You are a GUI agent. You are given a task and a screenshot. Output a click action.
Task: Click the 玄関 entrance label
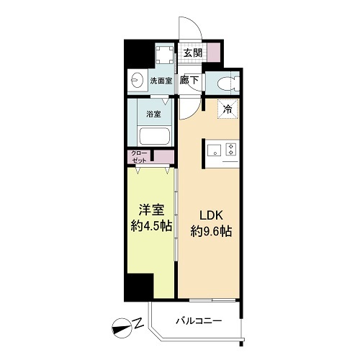191,53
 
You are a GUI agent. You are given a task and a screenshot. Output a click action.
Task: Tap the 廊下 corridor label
189,81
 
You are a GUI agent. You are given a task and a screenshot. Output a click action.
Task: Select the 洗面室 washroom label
161,81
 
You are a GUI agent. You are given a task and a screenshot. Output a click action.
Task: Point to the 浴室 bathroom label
153,114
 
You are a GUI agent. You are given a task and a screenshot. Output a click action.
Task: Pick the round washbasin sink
137,81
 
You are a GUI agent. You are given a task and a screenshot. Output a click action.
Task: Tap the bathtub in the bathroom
153,136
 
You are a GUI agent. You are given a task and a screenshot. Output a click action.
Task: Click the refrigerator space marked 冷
227,109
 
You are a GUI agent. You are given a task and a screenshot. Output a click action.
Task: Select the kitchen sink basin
214,150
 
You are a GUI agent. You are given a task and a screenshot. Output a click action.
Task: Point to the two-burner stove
231,150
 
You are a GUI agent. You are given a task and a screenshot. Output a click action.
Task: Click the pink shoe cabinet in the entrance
213,53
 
